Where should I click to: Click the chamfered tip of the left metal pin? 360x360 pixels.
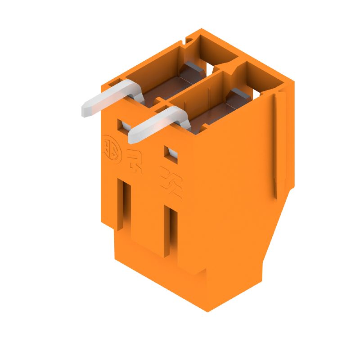click(85, 110)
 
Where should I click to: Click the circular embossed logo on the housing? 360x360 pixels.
click(109, 146)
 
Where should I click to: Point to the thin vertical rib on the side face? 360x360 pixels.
click(275, 144)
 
